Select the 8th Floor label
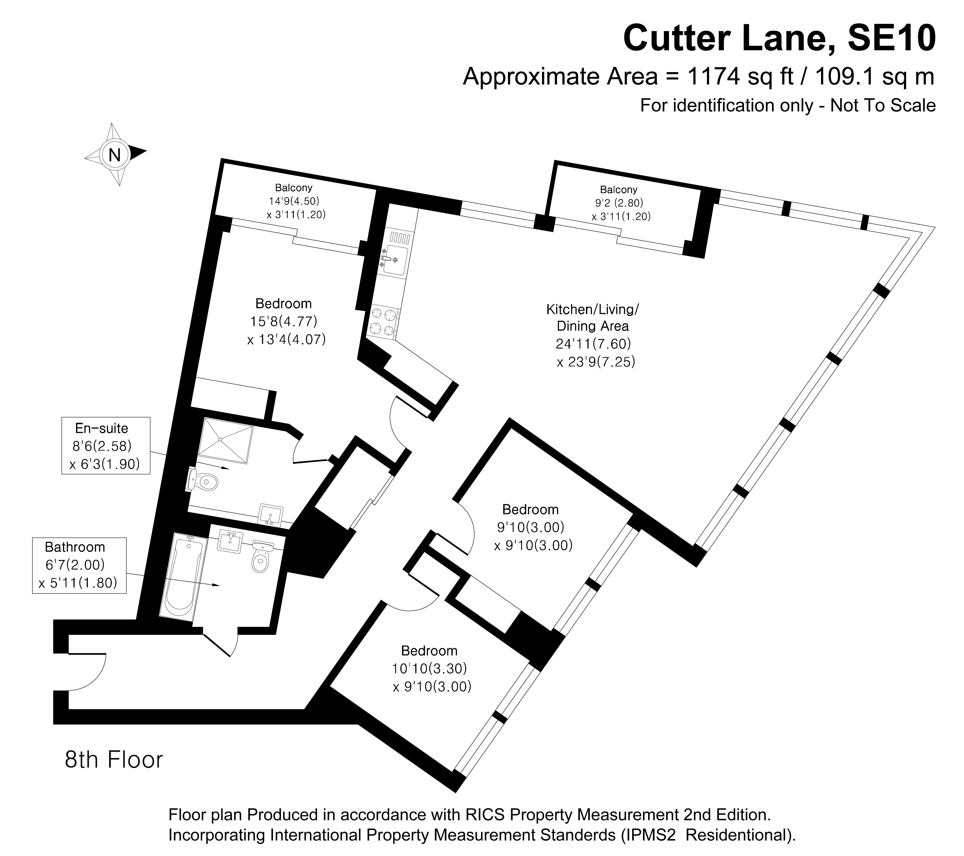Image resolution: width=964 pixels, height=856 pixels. [x=114, y=760]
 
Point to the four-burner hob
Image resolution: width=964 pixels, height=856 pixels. [x=383, y=322]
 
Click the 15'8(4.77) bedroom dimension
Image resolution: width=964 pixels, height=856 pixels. [x=283, y=321]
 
